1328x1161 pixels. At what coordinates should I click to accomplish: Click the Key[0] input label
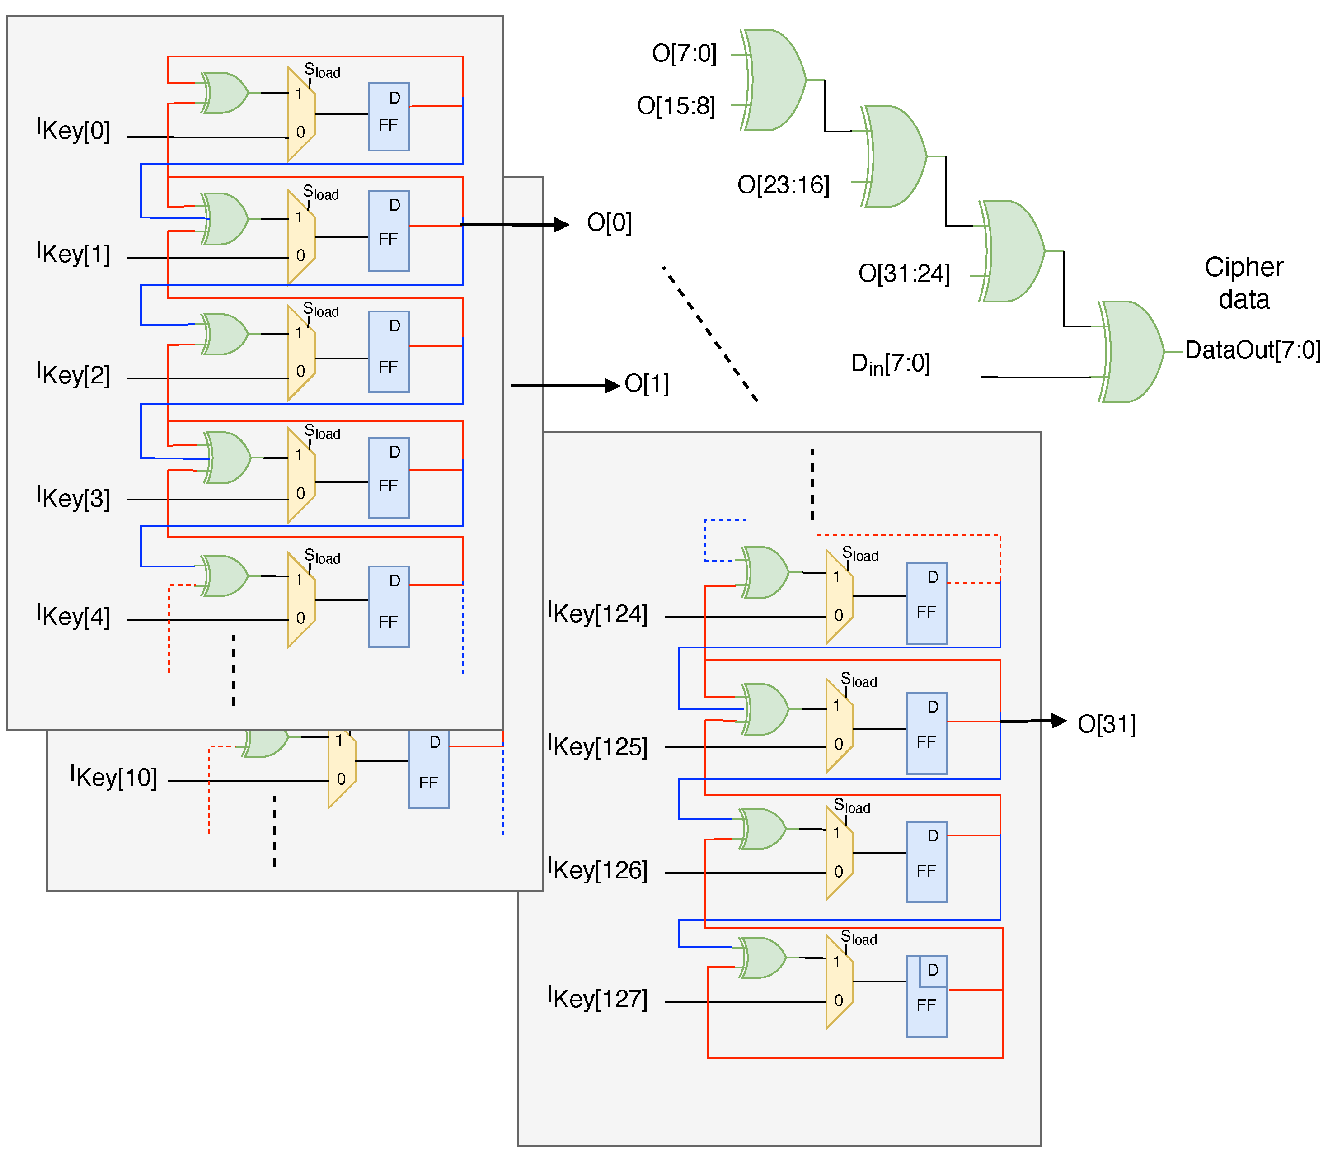coord(73,130)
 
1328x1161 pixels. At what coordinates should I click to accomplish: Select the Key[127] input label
coord(597,998)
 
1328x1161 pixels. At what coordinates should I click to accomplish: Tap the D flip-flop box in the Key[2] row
coord(389,352)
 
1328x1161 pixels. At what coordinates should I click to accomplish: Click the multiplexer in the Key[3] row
coord(301,474)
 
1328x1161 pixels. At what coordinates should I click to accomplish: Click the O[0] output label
coord(609,223)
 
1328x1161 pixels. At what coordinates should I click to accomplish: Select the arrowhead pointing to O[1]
coord(611,386)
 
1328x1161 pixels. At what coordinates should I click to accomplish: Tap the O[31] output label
coord(1106,724)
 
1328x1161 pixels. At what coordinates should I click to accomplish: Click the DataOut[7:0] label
coord(1252,350)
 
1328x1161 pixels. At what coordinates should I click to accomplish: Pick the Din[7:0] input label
coord(890,364)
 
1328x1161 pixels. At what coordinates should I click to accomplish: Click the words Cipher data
coord(1243,283)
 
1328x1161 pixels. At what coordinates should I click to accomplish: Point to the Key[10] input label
coord(114,777)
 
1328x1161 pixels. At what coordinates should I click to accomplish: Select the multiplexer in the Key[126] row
coord(839,853)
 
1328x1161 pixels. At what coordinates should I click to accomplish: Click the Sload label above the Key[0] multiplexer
coord(322,71)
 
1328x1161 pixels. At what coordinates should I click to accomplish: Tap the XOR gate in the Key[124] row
coord(765,572)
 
